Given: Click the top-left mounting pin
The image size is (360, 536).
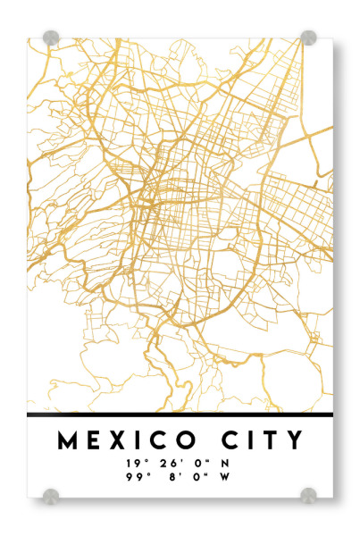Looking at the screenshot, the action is (51, 38).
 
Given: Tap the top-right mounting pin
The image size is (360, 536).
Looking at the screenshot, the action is (308, 38).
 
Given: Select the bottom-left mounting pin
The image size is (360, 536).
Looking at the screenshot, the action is (51, 494).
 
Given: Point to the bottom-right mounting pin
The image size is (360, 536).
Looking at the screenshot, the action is (308, 494).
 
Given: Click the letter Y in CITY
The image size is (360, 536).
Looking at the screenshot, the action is (295, 440).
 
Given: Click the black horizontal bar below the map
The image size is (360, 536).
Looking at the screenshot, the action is (180, 415).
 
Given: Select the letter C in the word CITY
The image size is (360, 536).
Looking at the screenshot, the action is (232, 440).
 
